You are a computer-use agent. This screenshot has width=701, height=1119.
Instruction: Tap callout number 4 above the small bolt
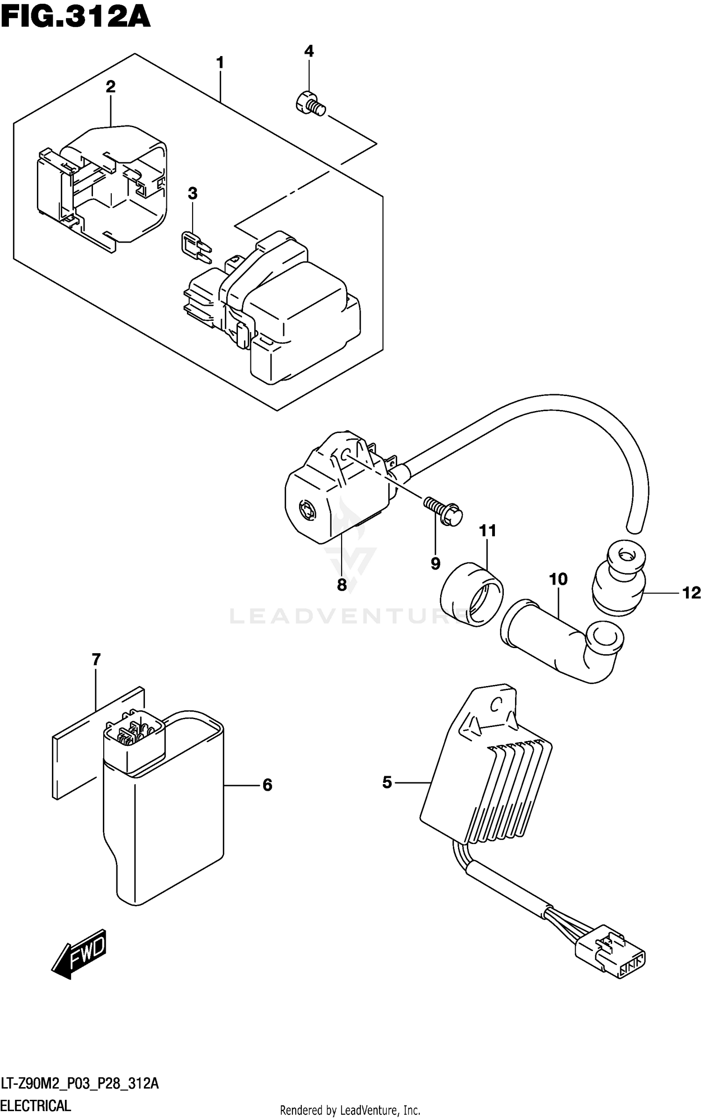pyautogui.click(x=309, y=51)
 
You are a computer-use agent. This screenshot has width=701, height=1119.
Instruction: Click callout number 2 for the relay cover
pyautogui.click(x=110, y=87)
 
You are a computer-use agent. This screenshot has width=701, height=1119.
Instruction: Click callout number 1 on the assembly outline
pyautogui.click(x=220, y=63)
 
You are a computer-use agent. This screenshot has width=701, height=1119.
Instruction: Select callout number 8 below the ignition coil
pyautogui.click(x=342, y=585)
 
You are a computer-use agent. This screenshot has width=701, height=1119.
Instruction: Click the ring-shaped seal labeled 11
pyautogui.click(x=472, y=594)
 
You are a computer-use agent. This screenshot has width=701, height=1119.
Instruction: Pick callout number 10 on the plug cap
pyautogui.click(x=558, y=579)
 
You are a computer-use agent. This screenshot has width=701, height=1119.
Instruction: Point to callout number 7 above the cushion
pyautogui.click(x=96, y=660)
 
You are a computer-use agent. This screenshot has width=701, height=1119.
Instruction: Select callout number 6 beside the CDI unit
pyautogui.click(x=267, y=785)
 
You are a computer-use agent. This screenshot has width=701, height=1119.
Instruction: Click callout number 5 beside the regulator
pyautogui.click(x=387, y=782)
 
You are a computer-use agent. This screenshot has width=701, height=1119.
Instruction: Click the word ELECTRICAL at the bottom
pyautogui.click(x=36, y=1105)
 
